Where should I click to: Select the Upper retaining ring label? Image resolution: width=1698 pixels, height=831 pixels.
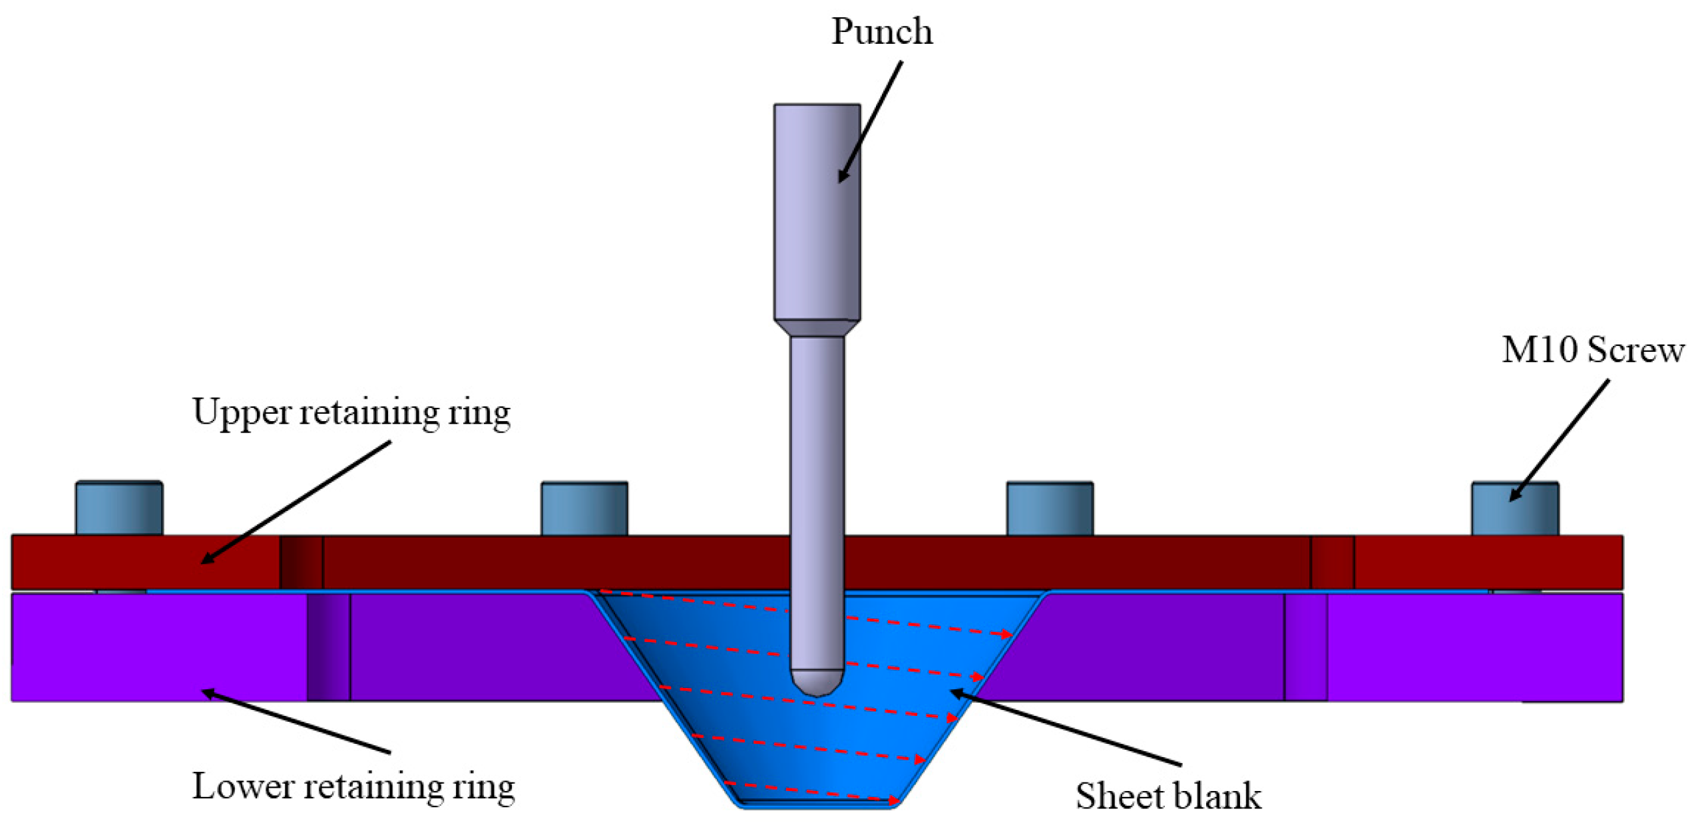point(351,413)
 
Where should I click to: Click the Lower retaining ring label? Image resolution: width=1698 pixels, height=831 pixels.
point(353,787)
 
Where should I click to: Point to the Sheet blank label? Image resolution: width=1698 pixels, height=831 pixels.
point(1167,796)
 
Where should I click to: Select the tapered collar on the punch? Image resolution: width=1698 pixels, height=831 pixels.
point(816,328)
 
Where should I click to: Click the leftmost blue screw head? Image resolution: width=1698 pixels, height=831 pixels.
point(118,508)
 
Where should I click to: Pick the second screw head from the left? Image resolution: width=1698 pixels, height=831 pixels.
point(584,509)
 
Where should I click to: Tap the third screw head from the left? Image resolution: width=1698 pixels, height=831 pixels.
point(1049,509)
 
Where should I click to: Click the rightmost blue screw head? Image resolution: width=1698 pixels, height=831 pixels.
point(1514,509)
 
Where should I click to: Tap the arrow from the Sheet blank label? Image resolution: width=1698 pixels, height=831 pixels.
point(1065,729)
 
